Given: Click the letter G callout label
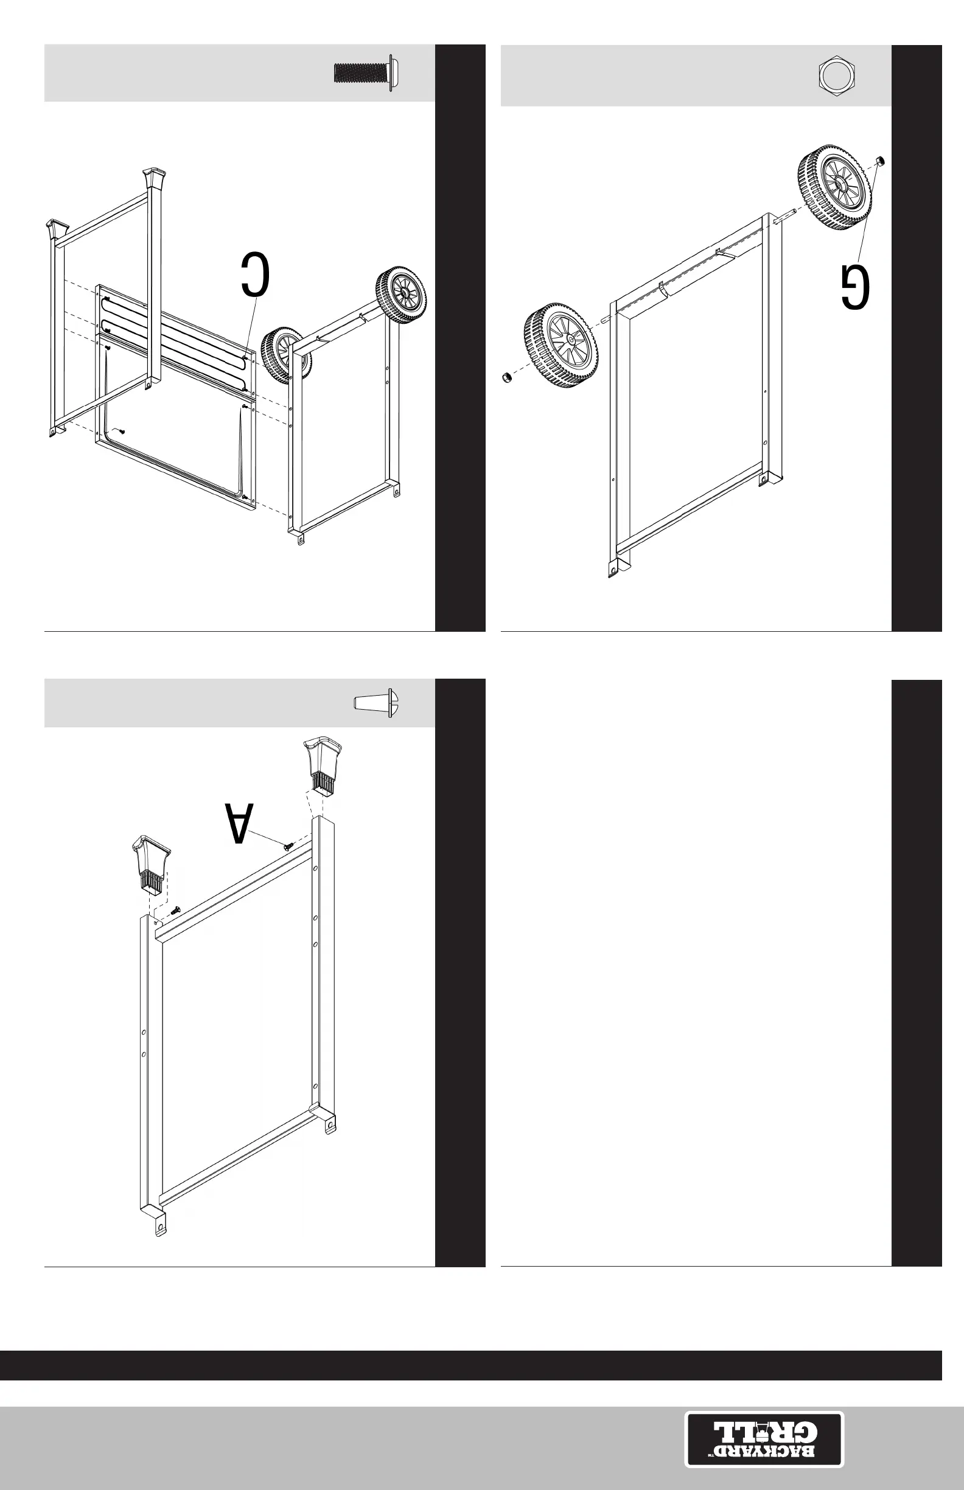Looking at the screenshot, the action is pyautogui.click(x=855, y=287).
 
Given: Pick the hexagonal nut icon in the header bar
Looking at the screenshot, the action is pyautogui.click(x=837, y=75).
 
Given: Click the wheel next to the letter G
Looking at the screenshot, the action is pyautogui.click(x=834, y=187).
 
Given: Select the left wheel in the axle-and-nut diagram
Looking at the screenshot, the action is pyautogui.click(x=561, y=346).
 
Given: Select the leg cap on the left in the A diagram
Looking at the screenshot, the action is pyautogui.click(x=151, y=863).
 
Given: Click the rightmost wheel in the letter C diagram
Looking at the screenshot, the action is pyautogui.click(x=400, y=295).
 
